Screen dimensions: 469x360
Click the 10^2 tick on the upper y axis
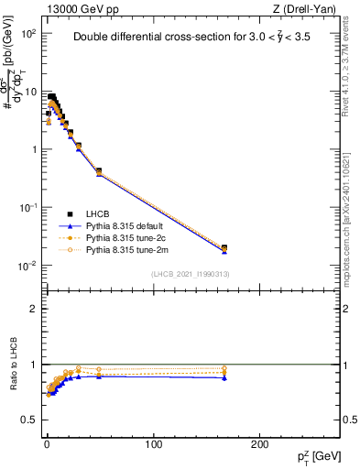[29, 33]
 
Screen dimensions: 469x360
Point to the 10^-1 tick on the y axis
[27, 208]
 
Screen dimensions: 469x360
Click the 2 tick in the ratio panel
[32, 309]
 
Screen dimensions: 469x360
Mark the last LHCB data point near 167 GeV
[224, 247]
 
